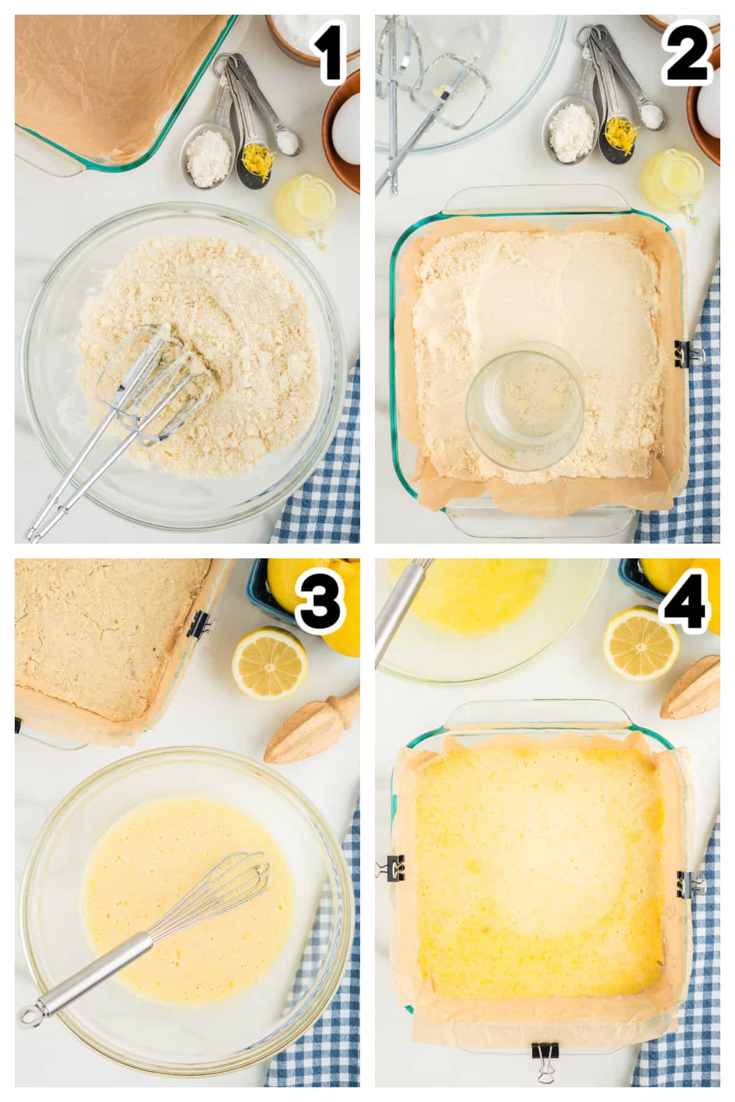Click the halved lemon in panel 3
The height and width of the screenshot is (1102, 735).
[269, 663]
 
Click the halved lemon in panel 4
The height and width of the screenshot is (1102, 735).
[641, 643]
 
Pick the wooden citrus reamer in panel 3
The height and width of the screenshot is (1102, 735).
[312, 726]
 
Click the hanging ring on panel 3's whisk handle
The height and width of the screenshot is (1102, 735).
[29, 1015]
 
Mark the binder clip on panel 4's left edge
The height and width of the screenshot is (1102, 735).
[391, 867]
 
